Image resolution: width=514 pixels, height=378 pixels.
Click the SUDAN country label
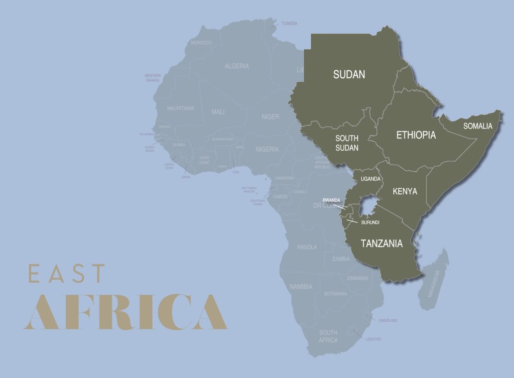(349, 75)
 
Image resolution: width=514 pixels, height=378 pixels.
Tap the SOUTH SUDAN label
(347, 143)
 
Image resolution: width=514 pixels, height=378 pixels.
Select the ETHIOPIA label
(416, 135)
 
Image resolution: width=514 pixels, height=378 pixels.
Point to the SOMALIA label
(477, 126)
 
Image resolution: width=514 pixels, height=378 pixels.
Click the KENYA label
(405, 191)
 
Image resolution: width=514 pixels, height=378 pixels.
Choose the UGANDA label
(370, 179)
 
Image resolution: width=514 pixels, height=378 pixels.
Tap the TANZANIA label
(381, 243)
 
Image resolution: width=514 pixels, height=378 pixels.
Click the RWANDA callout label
(331, 200)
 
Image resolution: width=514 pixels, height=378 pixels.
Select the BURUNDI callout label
(370, 222)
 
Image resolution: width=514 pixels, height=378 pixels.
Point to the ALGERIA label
(236, 66)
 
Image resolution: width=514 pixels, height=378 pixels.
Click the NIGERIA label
(267, 149)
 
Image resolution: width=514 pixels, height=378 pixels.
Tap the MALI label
(218, 112)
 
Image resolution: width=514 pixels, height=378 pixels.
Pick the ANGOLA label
(307, 247)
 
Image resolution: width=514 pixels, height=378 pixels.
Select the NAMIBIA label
(301, 287)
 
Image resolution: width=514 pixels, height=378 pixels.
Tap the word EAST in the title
(67, 274)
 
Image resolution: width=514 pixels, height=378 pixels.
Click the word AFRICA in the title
(125, 312)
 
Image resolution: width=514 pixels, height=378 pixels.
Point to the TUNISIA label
(289, 24)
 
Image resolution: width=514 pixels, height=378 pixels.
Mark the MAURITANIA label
(180, 108)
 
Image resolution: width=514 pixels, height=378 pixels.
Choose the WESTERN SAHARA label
(153, 78)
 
